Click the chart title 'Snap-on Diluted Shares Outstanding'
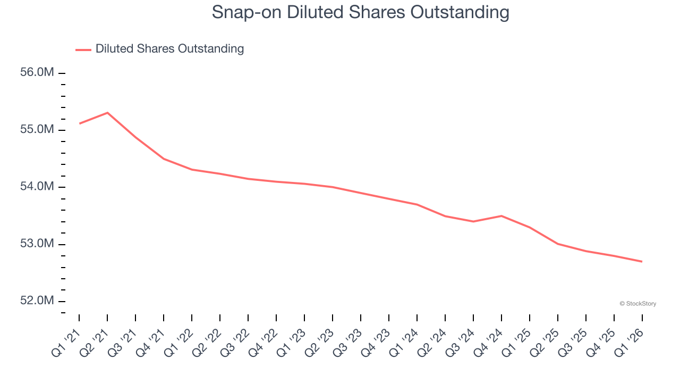pos(360,12)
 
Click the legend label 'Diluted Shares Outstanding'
pos(169,49)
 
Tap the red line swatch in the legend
pos(83,49)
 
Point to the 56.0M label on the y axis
pos(37,72)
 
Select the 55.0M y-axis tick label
pos(37,130)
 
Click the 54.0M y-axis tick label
pos(37,187)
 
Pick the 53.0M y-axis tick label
pos(37,244)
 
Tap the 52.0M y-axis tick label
pos(37,301)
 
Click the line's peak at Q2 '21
pos(107,113)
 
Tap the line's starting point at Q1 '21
pos(79,123)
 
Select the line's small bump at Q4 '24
pos(501,216)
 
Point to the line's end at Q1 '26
pos(642,261)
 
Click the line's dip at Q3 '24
pos(473,221)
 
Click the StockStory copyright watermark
pos(637,304)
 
